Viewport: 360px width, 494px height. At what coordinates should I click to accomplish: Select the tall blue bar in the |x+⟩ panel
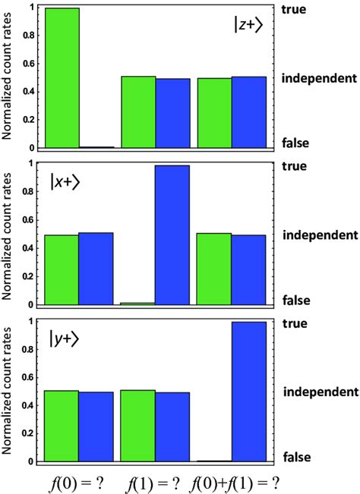point(172,234)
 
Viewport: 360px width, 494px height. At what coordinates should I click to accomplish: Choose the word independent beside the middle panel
point(320,234)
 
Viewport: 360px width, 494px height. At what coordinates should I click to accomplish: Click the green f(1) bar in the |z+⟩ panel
point(138,112)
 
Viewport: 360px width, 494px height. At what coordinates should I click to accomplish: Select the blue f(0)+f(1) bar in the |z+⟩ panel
point(249,112)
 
